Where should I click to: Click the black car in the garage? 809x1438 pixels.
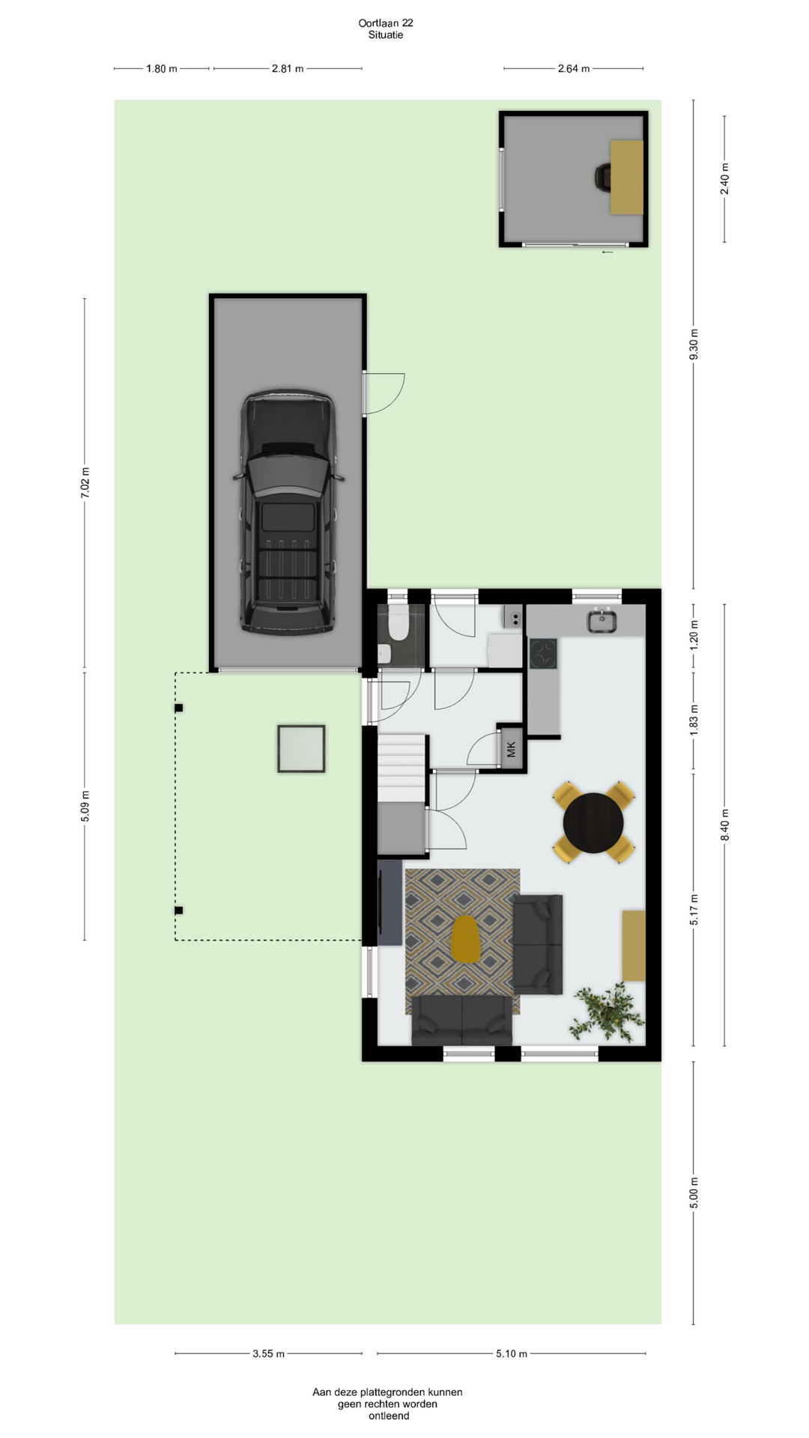[x=288, y=512]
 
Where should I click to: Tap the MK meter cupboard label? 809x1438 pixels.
[x=512, y=748]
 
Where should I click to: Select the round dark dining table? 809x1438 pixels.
[x=593, y=822]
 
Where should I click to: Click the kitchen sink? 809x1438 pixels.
[x=602, y=620]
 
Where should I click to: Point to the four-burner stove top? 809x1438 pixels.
[x=543, y=653]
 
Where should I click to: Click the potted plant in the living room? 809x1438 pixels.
[x=607, y=1012]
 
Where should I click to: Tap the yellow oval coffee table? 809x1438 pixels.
[x=466, y=939]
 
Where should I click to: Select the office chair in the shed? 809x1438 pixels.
[x=603, y=177]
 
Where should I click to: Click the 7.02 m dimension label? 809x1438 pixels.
[x=85, y=482]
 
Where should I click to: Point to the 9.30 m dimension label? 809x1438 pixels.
[x=694, y=345]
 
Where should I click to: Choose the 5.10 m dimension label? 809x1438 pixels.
[x=512, y=1353]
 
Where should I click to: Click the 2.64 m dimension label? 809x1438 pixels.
[x=574, y=69]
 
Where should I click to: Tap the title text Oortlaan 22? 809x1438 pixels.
[x=386, y=22]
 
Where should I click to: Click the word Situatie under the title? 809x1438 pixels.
[x=386, y=34]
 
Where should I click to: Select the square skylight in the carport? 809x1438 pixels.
[x=301, y=748]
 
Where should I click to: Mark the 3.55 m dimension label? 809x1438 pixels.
[x=268, y=1353]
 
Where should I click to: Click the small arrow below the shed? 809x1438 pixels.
[x=607, y=252]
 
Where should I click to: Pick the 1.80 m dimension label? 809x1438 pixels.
[x=162, y=69]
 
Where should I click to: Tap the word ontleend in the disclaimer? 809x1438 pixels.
[x=389, y=1416]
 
